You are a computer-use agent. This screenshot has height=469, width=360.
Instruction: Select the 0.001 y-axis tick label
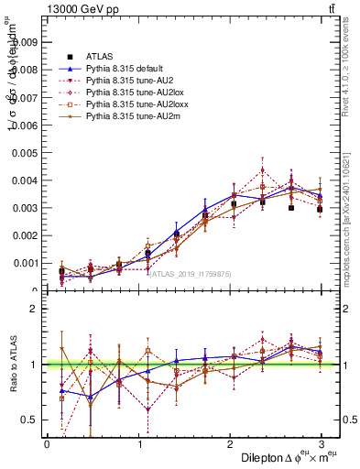point(26,264)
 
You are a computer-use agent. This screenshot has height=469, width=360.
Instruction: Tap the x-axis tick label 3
point(321,444)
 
